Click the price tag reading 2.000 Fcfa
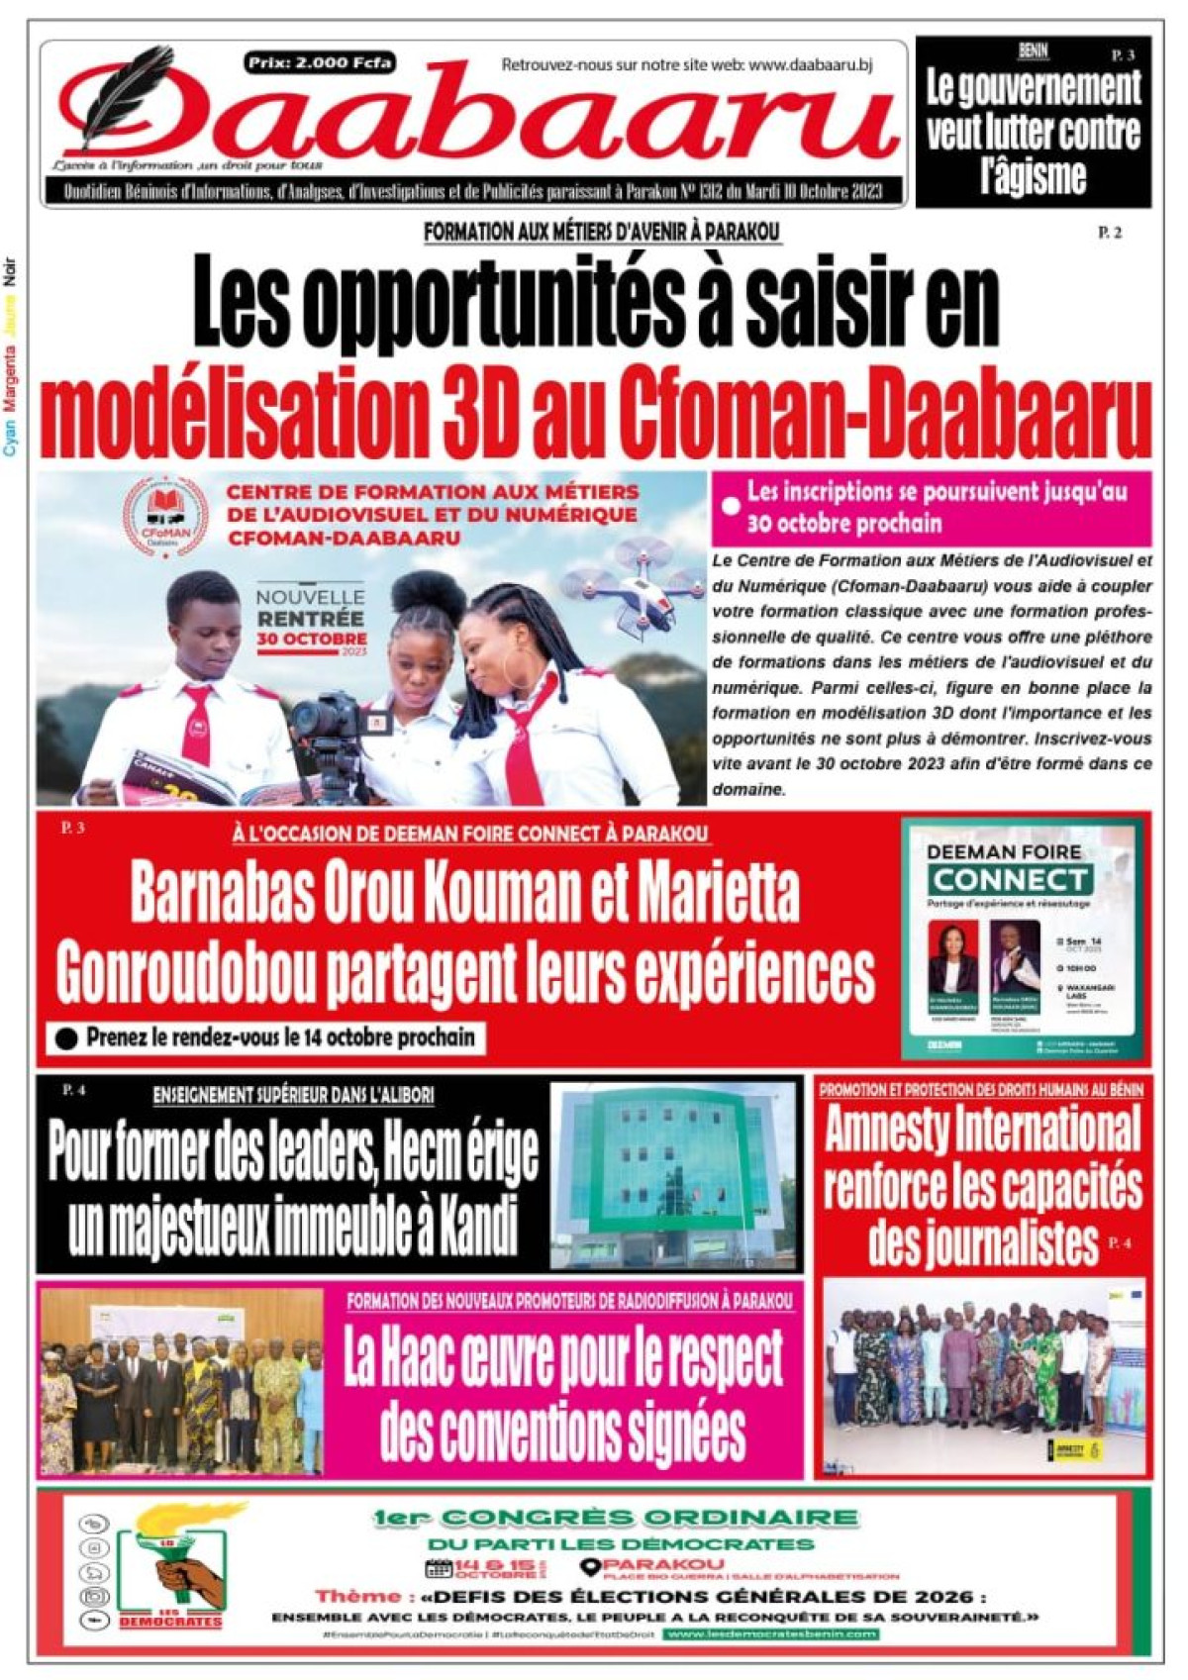click(320, 63)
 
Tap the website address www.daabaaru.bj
click(811, 65)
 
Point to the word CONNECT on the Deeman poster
click(1011, 879)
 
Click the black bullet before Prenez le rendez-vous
click(67, 1038)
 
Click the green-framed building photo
click(673, 1174)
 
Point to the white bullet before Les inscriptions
click(731, 506)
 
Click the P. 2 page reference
click(1109, 233)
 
